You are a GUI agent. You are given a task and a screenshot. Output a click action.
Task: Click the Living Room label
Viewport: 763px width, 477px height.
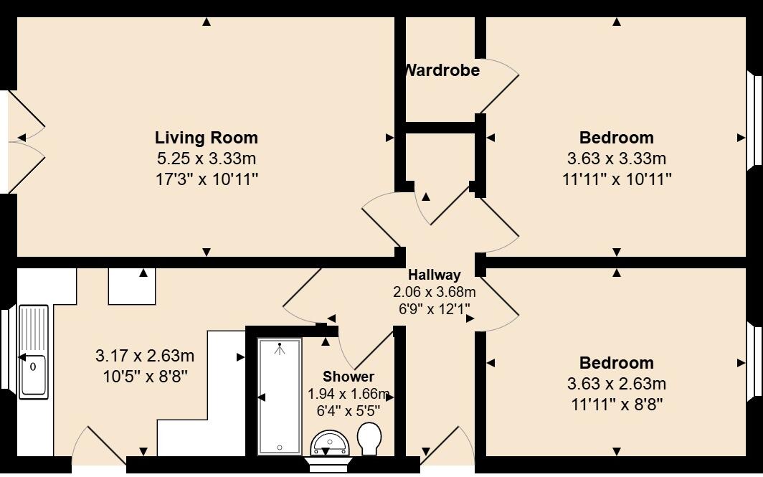[206, 137]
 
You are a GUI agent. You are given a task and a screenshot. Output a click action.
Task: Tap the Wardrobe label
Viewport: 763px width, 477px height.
[442, 70]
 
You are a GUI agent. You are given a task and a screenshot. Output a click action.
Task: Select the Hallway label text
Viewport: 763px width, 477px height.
[434, 274]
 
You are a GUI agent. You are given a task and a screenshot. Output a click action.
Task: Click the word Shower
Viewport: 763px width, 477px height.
[348, 377]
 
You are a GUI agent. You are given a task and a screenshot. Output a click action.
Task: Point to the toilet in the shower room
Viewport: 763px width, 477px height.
[369, 438]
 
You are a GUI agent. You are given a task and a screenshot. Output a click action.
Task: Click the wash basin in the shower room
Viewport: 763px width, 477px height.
[330, 443]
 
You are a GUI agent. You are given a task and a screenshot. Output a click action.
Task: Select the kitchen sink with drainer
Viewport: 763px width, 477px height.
[33, 351]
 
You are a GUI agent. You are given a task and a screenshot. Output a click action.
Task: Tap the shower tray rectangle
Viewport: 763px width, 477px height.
[280, 397]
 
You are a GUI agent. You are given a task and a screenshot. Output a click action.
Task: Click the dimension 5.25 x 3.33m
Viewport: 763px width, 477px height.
[206, 159]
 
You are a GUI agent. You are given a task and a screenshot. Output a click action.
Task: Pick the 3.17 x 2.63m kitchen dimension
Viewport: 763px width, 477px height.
[145, 356]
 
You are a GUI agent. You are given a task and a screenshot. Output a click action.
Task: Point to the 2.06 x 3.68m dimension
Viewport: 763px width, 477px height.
[434, 292]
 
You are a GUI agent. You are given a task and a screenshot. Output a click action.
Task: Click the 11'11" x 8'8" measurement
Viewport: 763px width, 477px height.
[616, 404]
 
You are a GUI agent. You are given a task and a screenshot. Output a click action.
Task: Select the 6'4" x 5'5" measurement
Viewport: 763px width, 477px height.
[348, 410]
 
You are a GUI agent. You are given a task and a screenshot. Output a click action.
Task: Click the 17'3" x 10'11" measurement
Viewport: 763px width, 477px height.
[206, 179]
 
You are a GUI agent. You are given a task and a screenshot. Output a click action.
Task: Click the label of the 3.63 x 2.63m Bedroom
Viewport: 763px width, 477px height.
[616, 363]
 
